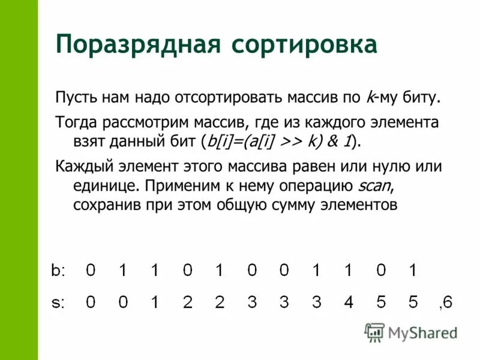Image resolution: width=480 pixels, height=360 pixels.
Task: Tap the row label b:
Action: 58,271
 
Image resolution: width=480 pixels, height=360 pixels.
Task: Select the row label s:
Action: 58,303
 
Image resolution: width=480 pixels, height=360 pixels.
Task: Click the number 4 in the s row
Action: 349,303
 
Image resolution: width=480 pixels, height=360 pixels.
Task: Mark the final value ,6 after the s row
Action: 446,304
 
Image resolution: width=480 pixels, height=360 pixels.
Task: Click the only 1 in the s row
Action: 155,303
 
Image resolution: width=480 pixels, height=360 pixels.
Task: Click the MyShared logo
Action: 411,332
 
